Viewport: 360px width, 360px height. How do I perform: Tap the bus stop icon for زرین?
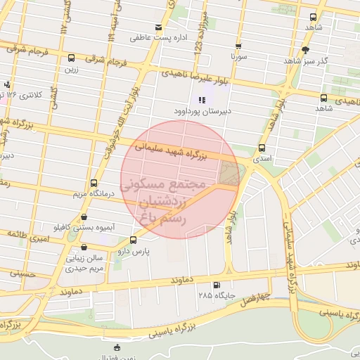click(x=71, y=58)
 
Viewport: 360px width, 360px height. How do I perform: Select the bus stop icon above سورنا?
click(x=239, y=43)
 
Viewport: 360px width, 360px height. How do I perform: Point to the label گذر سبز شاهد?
click(x=306, y=61)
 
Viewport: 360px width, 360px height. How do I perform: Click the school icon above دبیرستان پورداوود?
click(x=202, y=100)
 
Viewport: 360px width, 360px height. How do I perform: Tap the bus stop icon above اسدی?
click(x=262, y=148)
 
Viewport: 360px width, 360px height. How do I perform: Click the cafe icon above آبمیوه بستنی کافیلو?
click(x=85, y=217)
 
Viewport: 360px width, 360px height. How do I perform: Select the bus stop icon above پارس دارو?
click(x=134, y=240)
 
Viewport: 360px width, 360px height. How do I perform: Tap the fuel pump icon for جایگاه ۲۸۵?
click(x=215, y=285)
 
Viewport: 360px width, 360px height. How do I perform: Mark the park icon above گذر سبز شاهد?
click(x=305, y=50)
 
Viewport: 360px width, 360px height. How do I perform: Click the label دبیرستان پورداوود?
click(x=202, y=111)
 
